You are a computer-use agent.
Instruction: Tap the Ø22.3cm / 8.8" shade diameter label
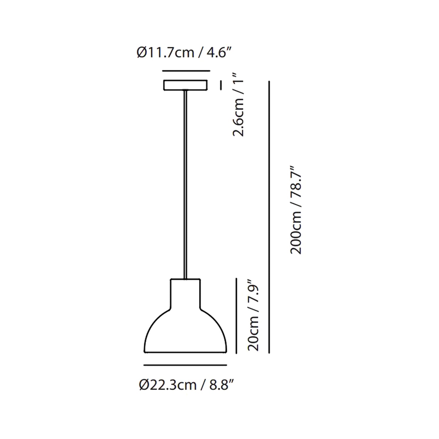coord(187,385)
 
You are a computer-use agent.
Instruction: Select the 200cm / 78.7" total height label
coord(296,210)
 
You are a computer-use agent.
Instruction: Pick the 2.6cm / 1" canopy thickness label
coord(239,105)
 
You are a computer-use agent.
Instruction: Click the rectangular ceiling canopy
coord(186,85)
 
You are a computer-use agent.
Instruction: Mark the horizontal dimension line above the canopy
coord(186,71)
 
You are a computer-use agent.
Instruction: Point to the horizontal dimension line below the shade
coord(185,365)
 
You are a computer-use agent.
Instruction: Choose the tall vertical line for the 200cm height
coord(269,217)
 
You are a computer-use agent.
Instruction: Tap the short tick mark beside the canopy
coord(221,85)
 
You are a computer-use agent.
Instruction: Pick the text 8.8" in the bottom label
coord(222,385)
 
